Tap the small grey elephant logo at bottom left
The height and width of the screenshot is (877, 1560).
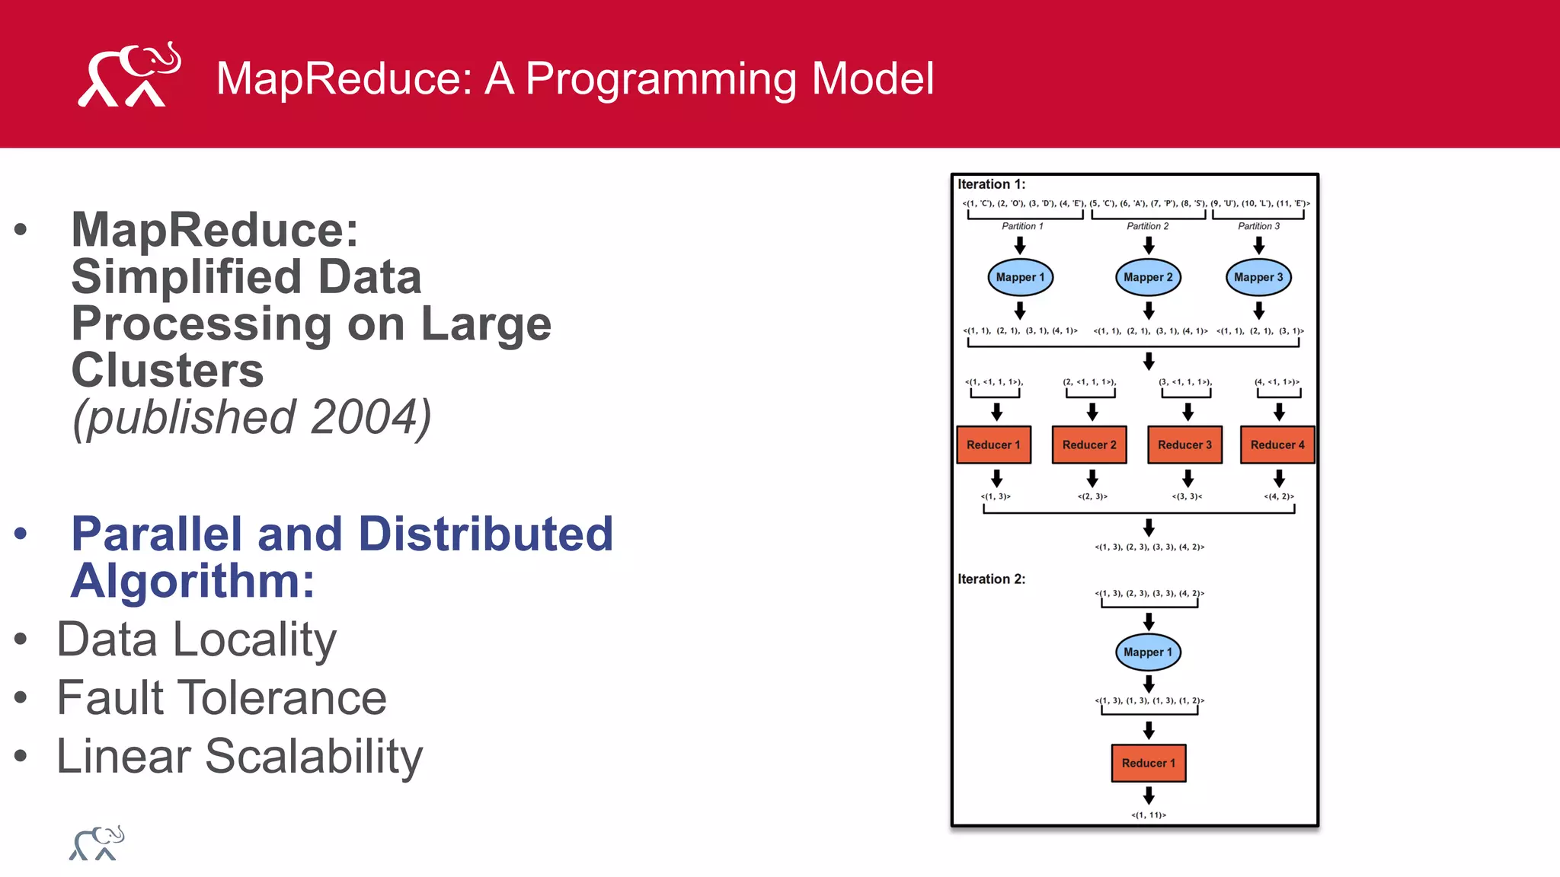click(97, 844)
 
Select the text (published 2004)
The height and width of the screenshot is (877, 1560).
click(251, 417)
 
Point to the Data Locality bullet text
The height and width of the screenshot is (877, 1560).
click(197, 639)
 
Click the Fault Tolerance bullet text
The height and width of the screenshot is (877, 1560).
click(222, 698)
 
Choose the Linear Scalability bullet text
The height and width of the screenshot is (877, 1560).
click(239, 757)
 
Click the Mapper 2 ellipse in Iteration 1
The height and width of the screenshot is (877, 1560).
click(1148, 277)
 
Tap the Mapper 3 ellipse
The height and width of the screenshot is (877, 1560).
click(1258, 277)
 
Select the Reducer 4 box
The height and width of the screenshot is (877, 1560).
click(1277, 445)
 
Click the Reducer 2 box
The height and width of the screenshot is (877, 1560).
click(1089, 445)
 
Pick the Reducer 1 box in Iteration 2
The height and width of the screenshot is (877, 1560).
click(1148, 763)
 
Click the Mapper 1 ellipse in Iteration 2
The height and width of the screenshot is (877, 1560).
click(1148, 652)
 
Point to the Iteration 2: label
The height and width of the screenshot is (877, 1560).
click(991, 579)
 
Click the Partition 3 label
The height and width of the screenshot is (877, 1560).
click(1258, 226)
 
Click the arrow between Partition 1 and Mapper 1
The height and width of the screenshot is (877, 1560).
click(1020, 245)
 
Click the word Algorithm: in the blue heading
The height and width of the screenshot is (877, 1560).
click(193, 581)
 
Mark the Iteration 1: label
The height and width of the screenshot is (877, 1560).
click(991, 184)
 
